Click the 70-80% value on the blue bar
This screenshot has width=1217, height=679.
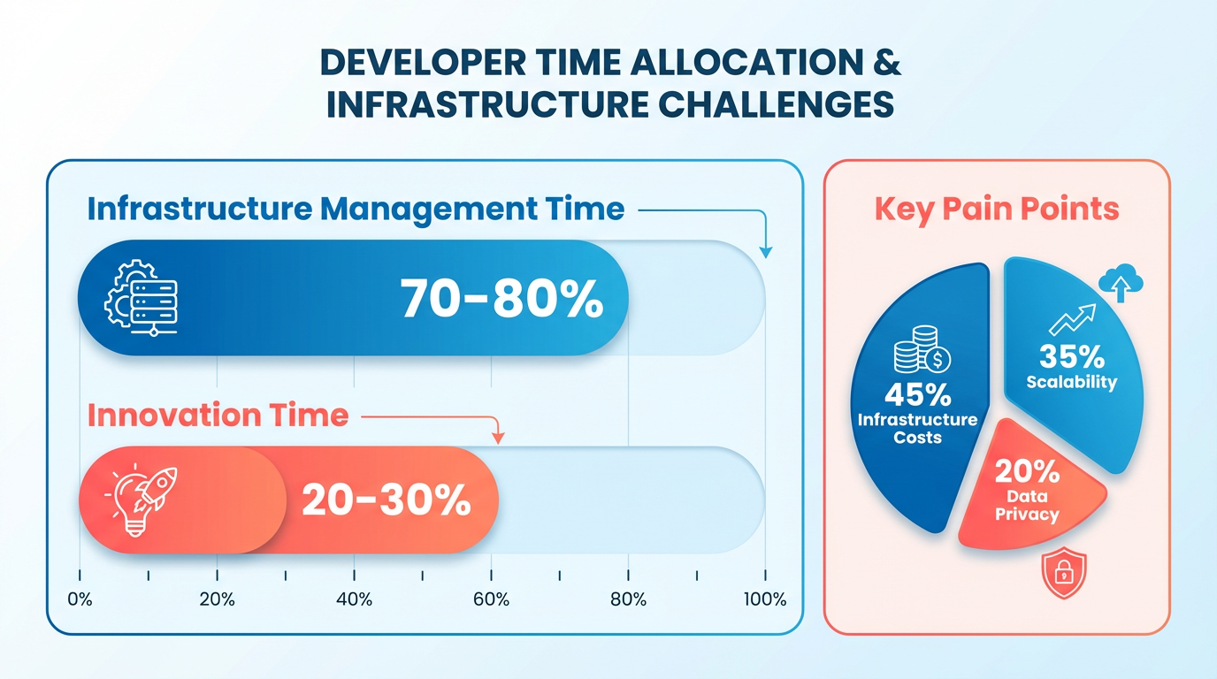[x=501, y=299]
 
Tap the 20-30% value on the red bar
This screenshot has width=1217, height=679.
[x=386, y=500]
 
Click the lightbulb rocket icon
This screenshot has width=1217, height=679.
[x=142, y=500]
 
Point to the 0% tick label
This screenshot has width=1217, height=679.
[x=80, y=600]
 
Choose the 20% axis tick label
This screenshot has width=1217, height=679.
[x=217, y=600]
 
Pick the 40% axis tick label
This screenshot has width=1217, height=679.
[x=354, y=600]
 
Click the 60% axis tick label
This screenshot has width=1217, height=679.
[x=491, y=600]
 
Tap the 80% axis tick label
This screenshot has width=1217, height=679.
[x=628, y=600]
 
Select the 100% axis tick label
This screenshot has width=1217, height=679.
[x=764, y=600]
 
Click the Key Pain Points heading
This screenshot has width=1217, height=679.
[x=997, y=210]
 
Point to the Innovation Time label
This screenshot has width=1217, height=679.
[x=218, y=415]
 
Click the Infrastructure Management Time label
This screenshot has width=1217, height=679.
[x=356, y=210]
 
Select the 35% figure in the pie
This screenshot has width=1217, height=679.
[x=1071, y=356]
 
